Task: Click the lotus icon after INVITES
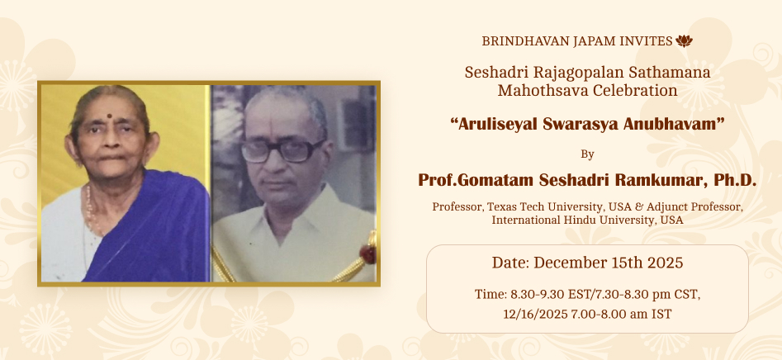(684, 41)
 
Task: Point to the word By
(587, 154)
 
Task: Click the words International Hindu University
(571, 220)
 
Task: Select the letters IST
(661, 314)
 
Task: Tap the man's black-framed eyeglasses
(282, 150)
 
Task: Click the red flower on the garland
(368, 253)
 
